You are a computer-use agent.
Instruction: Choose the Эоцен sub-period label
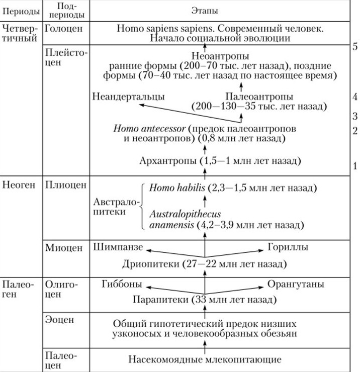(59, 320)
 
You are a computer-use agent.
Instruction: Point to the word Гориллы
(288, 247)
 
